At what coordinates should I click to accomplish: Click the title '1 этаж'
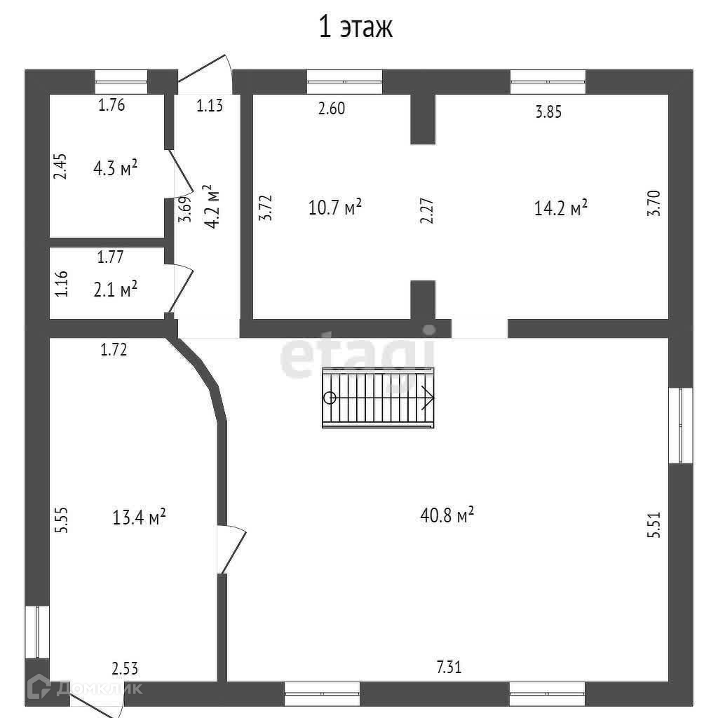tap(355, 27)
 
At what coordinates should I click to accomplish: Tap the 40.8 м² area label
tap(447, 515)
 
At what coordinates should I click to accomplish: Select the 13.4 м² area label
tap(139, 517)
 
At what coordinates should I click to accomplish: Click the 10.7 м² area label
tap(334, 207)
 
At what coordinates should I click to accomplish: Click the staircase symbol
tap(378, 397)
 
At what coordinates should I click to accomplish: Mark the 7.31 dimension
tap(449, 667)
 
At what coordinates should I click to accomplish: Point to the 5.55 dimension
tap(62, 520)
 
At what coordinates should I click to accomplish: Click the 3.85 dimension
tap(548, 111)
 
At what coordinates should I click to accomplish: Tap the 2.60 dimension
tap(332, 109)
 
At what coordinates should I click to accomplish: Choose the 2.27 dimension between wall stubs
tap(426, 210)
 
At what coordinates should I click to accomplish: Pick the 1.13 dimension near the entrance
tap(209, 106)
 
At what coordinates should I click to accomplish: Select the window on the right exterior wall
tap(680, 425)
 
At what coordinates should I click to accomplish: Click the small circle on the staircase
tap(330, 398)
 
